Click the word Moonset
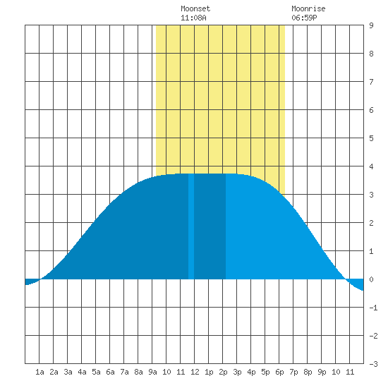[195, 8]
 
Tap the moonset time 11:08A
[193, 18]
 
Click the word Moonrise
[308, 8]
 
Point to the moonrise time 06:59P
[304, 18]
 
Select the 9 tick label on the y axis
[371, 25]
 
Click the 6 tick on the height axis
[371, 110]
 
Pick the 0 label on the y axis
[371, 279]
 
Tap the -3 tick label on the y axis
[373, 364]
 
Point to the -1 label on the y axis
[373, 308]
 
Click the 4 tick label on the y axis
[371, 166]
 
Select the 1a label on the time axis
[40, 372]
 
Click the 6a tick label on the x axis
[110, 372]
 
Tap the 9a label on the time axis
[152, 372]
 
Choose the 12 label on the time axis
[195, 372]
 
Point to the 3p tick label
[237, 372]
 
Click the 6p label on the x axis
[279, 372]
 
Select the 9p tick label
[322, 372]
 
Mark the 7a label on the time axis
[124, 372]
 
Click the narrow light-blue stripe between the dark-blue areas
[191, 226]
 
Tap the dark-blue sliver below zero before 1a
[31, 281]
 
